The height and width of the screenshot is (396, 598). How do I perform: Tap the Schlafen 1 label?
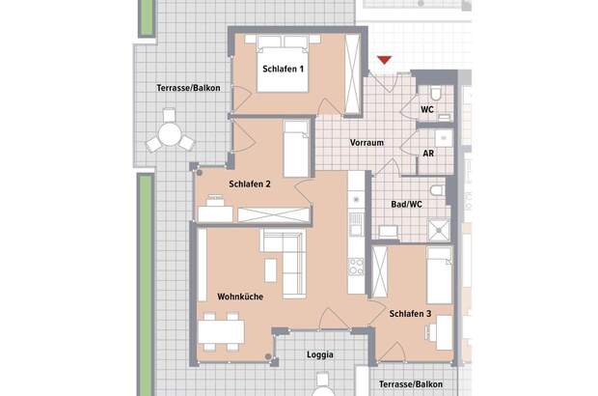click(284, 70)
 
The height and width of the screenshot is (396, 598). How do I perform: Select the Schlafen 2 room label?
click(250, 184)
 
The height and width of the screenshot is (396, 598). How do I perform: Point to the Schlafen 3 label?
click(411, 314)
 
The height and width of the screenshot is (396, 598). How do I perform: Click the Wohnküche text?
click(241, 297)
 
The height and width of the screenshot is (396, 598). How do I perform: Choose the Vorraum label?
click(367, 143)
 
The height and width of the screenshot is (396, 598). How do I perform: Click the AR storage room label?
click(428, 154)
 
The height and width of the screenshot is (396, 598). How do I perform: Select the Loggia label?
click(319, 354)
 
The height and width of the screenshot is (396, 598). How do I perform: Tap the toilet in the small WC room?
click(437, 94)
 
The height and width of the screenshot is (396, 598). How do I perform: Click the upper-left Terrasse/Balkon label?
click(188, 89)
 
